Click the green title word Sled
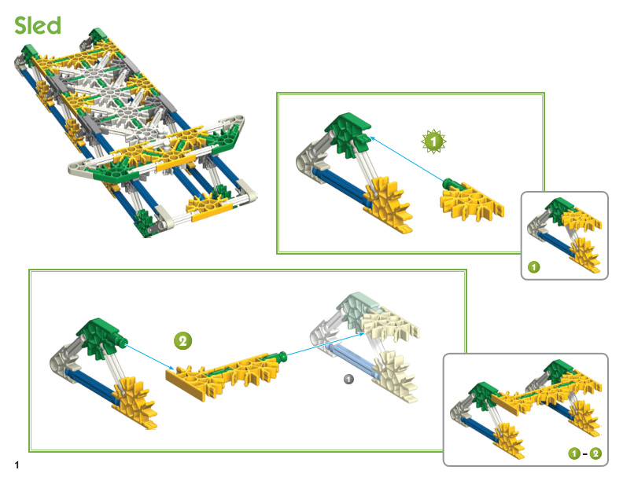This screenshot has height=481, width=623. tap(38, 25)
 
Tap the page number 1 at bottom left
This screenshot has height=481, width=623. tap(17, 464)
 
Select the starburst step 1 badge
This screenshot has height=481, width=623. tap(433, 141)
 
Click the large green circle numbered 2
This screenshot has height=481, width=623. tap(182, 341)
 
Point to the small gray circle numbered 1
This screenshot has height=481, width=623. tap(348, 379)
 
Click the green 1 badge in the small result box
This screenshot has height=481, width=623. tap(533, 267)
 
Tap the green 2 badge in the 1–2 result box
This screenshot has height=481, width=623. tap(595, 453)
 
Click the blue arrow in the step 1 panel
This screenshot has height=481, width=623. tap(407, 159)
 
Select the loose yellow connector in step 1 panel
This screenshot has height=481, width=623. tap(473, 200)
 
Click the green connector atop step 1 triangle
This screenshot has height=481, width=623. tap(348, 132)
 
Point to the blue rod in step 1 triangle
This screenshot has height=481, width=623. tap(341, 185)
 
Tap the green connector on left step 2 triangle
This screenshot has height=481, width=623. tap(100, 336)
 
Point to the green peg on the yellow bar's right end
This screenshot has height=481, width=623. tap(282, 355)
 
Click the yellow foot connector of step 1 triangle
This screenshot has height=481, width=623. tap(388, 205)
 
